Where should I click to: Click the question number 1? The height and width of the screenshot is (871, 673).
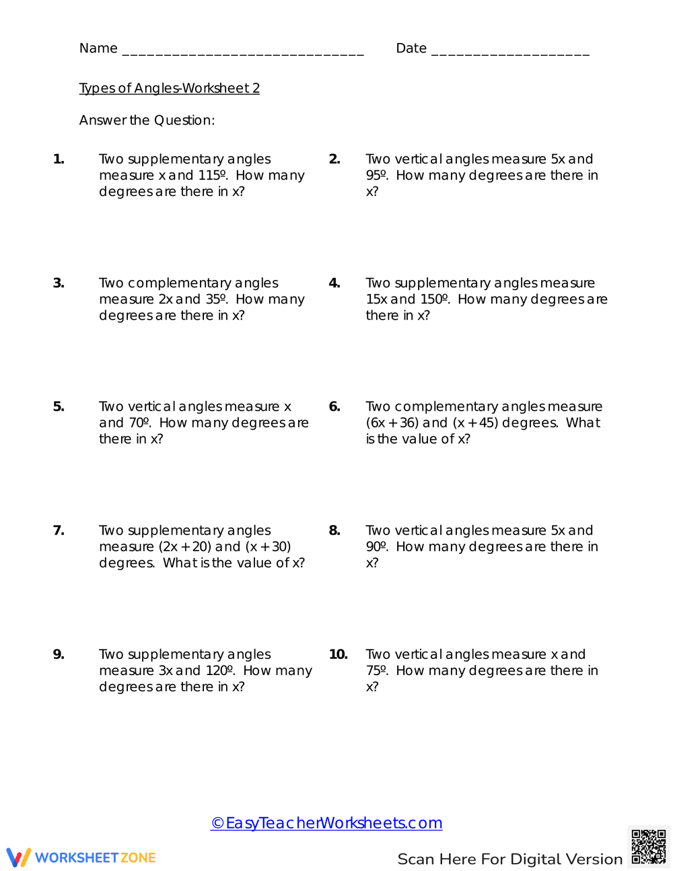click(59, 160)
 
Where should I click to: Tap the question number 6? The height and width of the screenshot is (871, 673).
click(334, 407)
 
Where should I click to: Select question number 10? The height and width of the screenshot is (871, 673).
click(338, 654)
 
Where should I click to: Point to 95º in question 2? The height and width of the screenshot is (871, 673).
click(377, 176)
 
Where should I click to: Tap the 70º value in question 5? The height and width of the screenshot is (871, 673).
click(139, 423)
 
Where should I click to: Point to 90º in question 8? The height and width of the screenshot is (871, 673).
click(377, 547)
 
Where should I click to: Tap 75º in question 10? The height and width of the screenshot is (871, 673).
click(377, 671)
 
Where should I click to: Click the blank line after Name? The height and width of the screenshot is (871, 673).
click(242, 51)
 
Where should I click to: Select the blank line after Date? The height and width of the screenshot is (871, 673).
click(510, 51)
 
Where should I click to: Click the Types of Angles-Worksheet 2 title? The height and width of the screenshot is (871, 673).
click(169, 88)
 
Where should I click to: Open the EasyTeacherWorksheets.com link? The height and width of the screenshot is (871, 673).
click(326, 823)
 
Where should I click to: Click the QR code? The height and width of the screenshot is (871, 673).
click(649, 846)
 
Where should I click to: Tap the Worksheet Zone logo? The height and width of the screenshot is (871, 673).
click(81, 858)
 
